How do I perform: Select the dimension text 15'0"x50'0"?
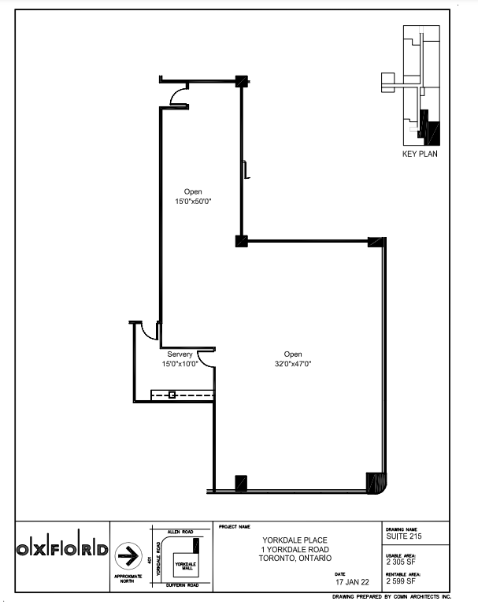click(193, 202)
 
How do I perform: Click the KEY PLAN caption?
click(420, 154)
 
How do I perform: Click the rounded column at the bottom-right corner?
click(376, 481)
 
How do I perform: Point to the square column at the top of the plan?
click(242, 80)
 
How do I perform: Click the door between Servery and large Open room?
click(205, 358)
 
